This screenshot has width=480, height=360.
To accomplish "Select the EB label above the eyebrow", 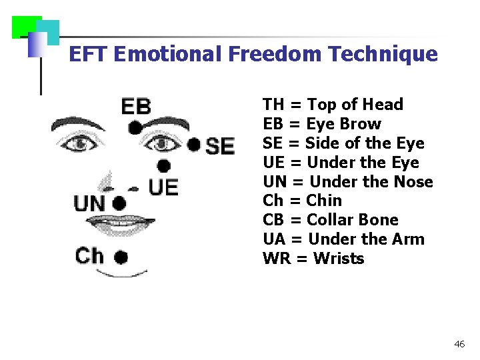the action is click(x=136, y=107).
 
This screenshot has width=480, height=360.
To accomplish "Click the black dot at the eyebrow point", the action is click(x=135, y=127).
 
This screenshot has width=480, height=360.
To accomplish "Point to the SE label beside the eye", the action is click(x=219, y=146).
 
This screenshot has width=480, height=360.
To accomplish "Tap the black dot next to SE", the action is click(x=193, y=145).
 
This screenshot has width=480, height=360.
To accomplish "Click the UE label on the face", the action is click(x=163, y=187).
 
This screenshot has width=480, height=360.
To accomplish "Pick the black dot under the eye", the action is click(x=163, y=166).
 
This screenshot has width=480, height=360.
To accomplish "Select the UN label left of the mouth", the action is click(x=89, y=203).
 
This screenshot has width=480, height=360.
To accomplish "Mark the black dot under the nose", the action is click(x=119, y=203).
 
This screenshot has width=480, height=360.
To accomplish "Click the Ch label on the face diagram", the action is click(x=89, y=255).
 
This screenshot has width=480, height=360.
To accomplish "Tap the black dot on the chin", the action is click(x=121, y=256).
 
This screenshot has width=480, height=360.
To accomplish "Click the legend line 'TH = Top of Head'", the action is click(x=333, y=105).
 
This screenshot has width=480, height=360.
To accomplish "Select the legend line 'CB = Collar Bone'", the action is click(x=330, y=220).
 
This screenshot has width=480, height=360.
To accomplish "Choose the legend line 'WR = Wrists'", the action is click(x=313, y=259).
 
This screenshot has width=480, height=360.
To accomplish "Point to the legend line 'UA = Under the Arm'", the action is click(x=343, y=239).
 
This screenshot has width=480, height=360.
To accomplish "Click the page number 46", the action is click(x=459, y=345).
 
